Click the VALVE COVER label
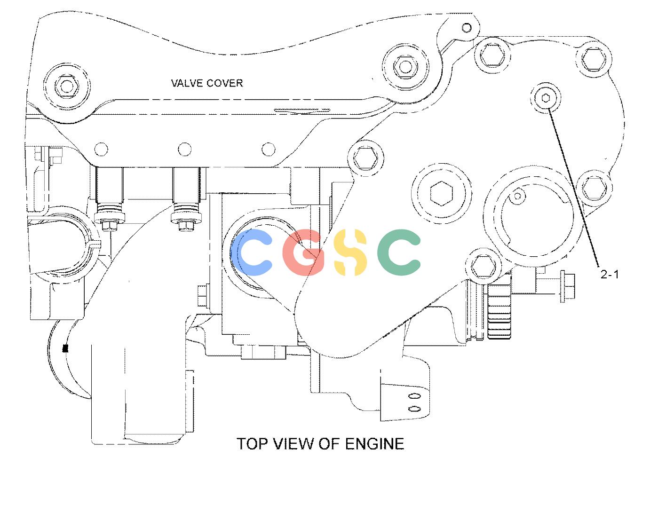pyautogui.click(x=207, y=83)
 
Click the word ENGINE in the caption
pyautogui.click(x=374, y=444)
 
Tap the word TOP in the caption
pyautogui.click(x=252, y=444)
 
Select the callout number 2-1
pyautogui.click(x=610, y=274)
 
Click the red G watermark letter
pyautogui.click(x=303, y=252)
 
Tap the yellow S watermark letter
pyautogui.click(x=350, y=252)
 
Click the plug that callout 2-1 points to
pyautogui.click(x=546, y=98)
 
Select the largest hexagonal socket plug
pyautogui.click(x=442, y=193)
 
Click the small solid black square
pyautogui.click(x=65, y=348)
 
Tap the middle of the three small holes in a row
pyautogui.click(x=184, y=149)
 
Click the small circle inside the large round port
pyautogui.click(x=517, y=197)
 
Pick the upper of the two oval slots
pyautogui.click(x=414, y=396)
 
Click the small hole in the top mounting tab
pyautogui.click(x=467, y=28)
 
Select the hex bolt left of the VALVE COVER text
pyautogui.click(x=66, y=86)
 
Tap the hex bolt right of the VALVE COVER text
pyautogui.click(x=405, y=66)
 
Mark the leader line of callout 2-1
pyautogui.click(x=573, y=188)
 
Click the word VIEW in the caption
pyautogui.click(x=294, y=444)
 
